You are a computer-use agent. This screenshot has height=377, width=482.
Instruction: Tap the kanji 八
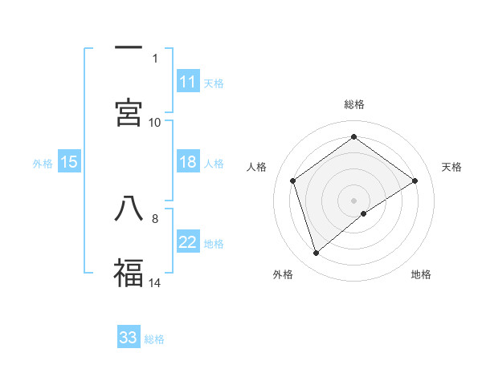coord(129,208)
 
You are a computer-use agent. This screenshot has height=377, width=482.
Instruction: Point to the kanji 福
coord(129,271)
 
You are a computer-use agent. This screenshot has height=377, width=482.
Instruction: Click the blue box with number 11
coord(188,82)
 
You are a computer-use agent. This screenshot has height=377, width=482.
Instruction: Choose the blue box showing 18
coord(188,162)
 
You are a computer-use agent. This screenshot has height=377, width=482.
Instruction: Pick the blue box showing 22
coord(188,243)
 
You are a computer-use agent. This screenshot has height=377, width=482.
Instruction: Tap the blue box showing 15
coord(69,162)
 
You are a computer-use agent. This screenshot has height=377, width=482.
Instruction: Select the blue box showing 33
coord(129,338)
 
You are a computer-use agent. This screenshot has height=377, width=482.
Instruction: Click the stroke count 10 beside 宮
coord(155,122)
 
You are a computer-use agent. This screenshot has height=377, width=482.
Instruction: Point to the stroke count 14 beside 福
coord(155,282)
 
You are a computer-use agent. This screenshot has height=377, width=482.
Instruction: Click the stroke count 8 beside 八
coord(155,217)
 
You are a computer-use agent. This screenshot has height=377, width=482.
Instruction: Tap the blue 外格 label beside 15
coord(43,163)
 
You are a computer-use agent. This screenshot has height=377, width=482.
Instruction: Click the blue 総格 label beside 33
coord(154,338)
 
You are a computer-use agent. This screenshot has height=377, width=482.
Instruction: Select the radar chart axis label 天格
coord(451,167)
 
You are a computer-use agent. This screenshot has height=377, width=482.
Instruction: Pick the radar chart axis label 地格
coord(421,274)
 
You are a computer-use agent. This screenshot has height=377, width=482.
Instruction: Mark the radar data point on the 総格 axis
coord(353,137)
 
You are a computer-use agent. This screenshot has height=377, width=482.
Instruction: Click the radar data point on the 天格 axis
coord(415,180)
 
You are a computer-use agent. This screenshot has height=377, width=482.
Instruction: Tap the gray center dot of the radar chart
coord(353,200)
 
